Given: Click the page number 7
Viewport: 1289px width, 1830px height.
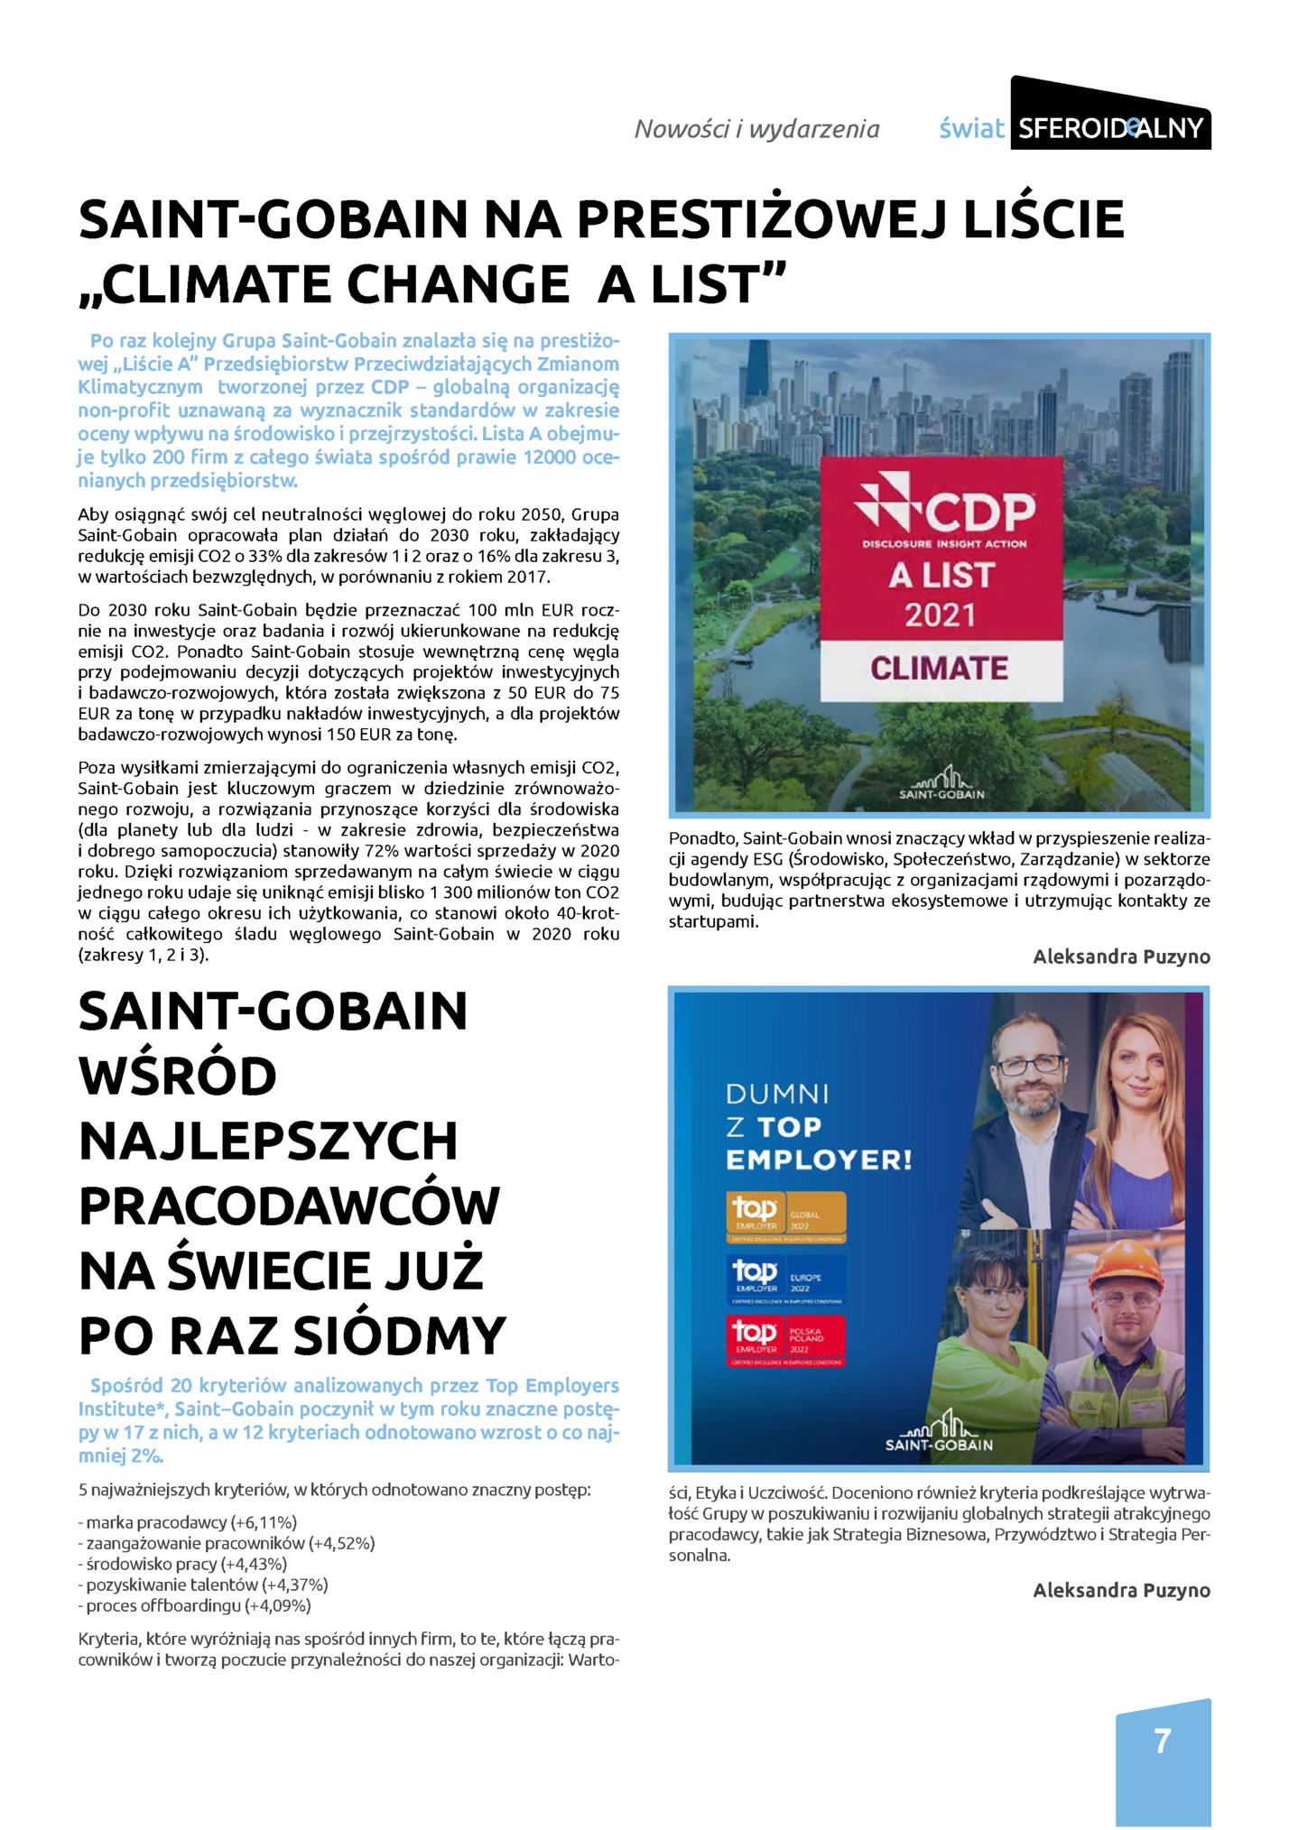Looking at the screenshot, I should pyautogui.click(x=1162, y=1740).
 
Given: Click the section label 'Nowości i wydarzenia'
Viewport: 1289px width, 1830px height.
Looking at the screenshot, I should pyautogui.click(x=756, y=129).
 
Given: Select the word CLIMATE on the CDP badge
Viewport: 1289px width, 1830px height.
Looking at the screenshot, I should pyautogui.click(x=939, y=668).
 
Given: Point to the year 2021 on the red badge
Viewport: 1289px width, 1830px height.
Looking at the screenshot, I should pyautogui.click(x=940, y=615).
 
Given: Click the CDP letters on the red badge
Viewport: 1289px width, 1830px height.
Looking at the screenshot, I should pyautogui.click(x=979, y=513).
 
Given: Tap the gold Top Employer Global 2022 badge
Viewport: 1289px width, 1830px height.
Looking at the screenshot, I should pyautogui.click(x=786, y=1214).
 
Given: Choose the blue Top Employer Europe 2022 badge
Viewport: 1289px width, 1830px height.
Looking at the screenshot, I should pyautogui.click(x=786, y=1277).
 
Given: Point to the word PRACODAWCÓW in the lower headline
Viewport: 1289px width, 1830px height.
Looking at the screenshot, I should pyautogui.click(x=289, y=1206).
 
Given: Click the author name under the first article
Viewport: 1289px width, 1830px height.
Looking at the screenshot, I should pyautogui.click(x=1121, y=957).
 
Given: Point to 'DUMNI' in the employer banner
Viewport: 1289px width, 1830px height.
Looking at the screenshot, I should pyautogui.click(x=777, y=1095).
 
